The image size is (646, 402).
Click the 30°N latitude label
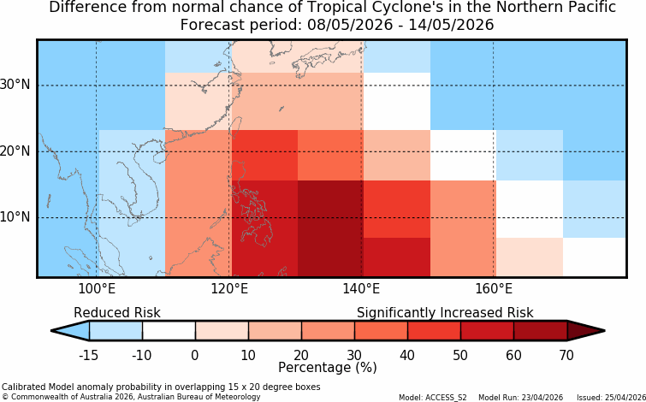point(15,86)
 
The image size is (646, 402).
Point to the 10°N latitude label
point(15,216)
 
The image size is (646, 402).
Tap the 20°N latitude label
point(15,151)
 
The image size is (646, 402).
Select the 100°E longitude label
point(97,289)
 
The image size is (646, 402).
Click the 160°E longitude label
point(494,289)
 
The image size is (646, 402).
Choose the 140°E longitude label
point(361,289)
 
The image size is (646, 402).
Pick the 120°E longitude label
point(229,289)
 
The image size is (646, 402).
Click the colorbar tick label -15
point(88,355)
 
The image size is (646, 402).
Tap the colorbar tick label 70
point(567,355)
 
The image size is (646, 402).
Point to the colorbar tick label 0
point(195,355)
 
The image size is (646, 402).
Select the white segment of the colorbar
point(169,330)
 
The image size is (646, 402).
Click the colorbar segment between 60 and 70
point(540,330)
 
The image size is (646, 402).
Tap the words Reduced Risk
point(117,313)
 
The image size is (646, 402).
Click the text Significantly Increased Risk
point(445,313)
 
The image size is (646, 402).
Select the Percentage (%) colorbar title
point(328,367)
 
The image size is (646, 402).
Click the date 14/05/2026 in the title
point(451,25)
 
